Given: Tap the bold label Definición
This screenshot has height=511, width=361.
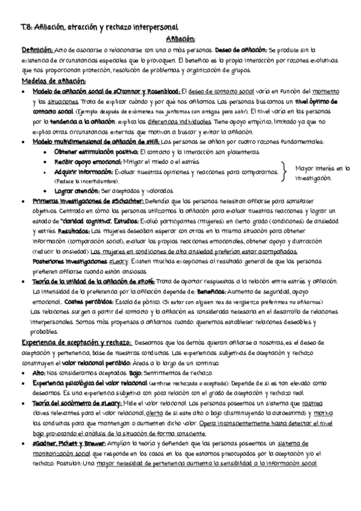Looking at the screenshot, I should (x=37, y=50).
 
